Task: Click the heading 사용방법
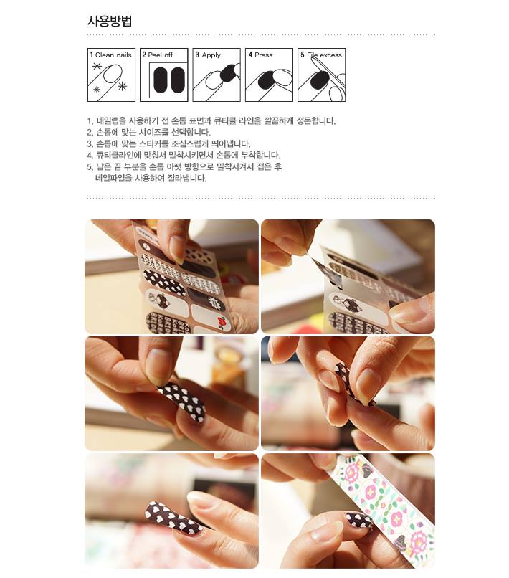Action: point(110,21)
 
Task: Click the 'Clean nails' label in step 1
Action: point(113,55)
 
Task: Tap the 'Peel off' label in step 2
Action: point(160,55)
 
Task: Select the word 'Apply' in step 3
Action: point(211,55)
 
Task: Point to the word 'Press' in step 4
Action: point(263,55)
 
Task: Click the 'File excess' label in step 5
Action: point(324,55)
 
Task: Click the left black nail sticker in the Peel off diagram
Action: point(161,80)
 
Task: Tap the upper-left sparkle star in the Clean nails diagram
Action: point(97,67)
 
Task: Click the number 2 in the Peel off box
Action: point(144,55)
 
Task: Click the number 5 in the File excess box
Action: point(303,55)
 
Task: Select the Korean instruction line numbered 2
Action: point(149,132)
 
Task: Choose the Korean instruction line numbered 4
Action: point(184,155)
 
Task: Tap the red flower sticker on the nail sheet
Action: point(222,322)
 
